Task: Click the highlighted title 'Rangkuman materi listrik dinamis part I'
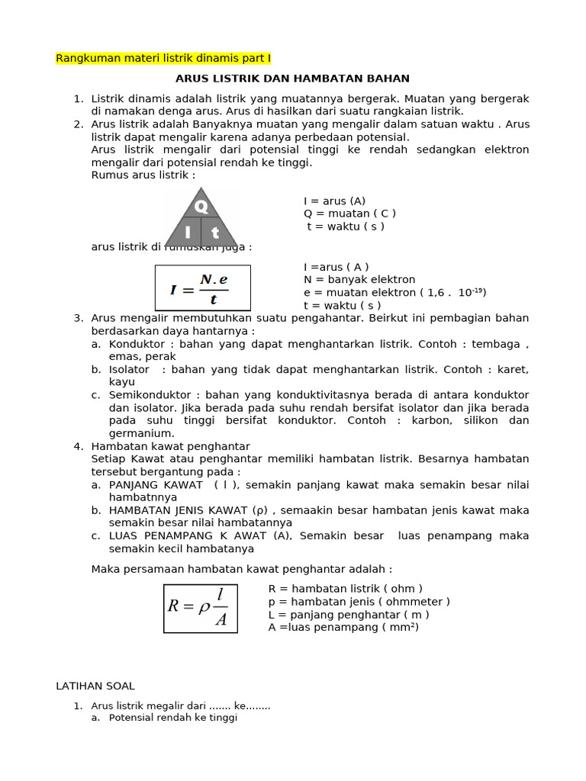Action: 163,58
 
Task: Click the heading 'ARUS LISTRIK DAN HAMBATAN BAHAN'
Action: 292,79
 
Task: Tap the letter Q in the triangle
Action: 201,206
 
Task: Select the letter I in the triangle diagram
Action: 187,233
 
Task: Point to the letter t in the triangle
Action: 215,233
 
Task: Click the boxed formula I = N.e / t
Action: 202,288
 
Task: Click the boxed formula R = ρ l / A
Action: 201,608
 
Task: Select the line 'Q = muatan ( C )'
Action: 349,214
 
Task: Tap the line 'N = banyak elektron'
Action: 359,280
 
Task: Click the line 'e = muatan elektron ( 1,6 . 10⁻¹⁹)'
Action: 394,292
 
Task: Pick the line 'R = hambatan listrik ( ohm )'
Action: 346,589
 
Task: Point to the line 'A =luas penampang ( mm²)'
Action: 343,627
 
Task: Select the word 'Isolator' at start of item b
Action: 129,369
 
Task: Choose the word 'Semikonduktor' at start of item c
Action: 146,395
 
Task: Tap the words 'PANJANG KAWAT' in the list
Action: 156,485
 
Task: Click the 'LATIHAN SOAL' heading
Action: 95,686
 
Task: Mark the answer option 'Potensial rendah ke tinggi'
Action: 173,718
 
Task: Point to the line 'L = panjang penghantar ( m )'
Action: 349,615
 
